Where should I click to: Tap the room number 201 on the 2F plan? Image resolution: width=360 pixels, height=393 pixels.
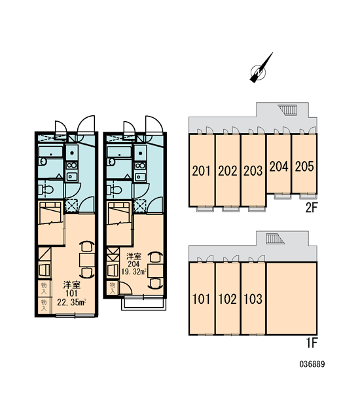pyautogui.click(x=202, y=171)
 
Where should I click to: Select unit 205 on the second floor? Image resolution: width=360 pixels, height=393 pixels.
pyautogui.click(x=304, y=166)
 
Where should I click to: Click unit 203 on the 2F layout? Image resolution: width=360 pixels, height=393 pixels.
pyautogui.click(x=253, y=171)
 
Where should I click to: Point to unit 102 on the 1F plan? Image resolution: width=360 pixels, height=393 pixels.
pyautogui.click(x=227, y=299)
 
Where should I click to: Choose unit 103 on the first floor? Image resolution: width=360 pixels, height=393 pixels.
pyautogui.click(x=253, y=299)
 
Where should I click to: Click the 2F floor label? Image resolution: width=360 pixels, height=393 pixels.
pyautogui.click(x=312, y=208)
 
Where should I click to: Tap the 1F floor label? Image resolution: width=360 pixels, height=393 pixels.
pyautogui.click(x=312, y=343)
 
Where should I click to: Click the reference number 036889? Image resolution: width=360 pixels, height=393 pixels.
pyautogui.click(x=312, y=364)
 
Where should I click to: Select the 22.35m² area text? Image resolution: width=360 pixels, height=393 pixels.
pyautogui.click(x=71, y=302)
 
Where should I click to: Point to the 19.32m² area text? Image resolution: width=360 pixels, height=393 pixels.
pyautogui.click(x=134, y=271)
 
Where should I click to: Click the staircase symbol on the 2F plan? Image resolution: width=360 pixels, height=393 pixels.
pyautogui.click(x=288, y=110)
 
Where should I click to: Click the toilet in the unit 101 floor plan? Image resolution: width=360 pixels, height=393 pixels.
pyautogui.click(x=46, y=190)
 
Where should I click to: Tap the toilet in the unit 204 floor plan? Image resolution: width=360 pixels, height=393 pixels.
pyautogui.click(x=115, y=190)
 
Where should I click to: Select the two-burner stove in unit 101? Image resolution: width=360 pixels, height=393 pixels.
pyautogui.click(x=72, y=166)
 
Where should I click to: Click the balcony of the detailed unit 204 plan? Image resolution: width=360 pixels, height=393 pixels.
pyautogui.click(x=143, y=304)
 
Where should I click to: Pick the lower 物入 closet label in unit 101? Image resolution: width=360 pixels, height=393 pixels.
pyautogui.click(x=44, y=305)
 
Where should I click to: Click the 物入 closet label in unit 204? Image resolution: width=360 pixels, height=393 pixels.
pyautogui.click(x=113, y=288)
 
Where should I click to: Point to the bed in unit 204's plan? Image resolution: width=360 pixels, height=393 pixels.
pyautogui.click(x=119, y=223)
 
